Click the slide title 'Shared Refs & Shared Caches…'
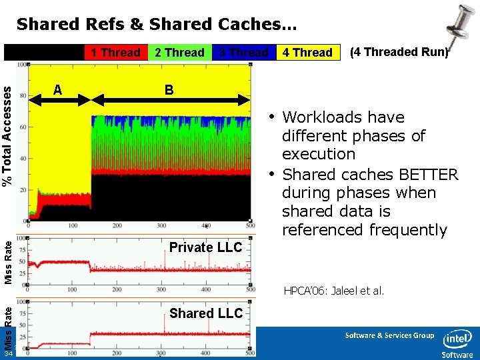coord(157,25)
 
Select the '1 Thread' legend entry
coord(115,53)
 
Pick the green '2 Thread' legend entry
coord(179,53)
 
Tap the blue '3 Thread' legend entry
coord(243,53)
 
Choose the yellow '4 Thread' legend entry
coord(307,53)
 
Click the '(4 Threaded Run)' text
coord(399,52)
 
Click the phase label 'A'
coord(58,89)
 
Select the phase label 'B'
coord(169,89)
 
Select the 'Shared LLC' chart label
coord(206,313)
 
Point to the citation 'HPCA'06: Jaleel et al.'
coord(334,291)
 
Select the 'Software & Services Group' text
coord(389,335)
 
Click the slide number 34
coord(7,354)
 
